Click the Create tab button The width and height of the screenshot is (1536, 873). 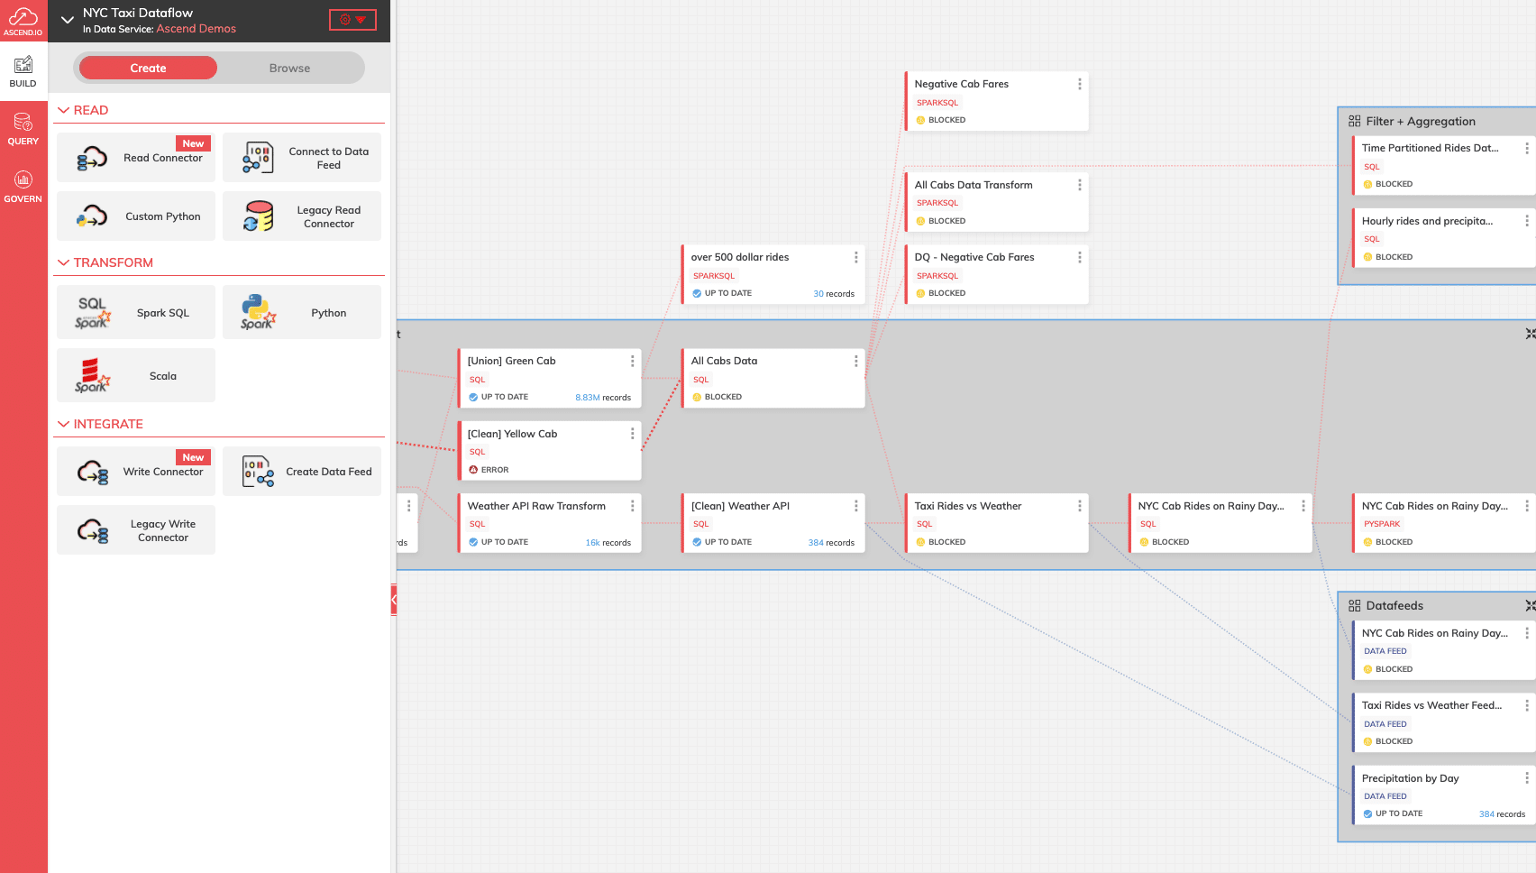tap(148, 68)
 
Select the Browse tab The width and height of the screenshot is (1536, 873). tap(289, 68)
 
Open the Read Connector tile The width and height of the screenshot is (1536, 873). tap(136, 157)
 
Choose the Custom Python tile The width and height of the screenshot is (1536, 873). tap(136, 216)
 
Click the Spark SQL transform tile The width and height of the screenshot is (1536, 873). tap(136, 312)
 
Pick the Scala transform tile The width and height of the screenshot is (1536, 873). tap(136, 375)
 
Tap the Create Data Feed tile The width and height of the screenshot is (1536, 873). tap(302, 472)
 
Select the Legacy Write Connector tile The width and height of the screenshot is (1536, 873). tap(136, 530)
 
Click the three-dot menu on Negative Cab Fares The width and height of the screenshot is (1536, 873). tap(1079, 84)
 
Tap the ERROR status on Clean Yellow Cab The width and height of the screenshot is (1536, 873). tap(489, 470)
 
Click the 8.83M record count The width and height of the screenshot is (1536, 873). tap(587, 398)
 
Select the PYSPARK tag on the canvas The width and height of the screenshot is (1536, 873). tap(1382, 524)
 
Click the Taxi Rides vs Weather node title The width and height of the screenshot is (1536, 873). tap(967, 506)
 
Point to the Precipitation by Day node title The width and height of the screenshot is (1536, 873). tap(1410, 778)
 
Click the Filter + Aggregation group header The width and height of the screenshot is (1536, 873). tap(1420, 122)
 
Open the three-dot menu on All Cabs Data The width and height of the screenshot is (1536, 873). tap(855, 361)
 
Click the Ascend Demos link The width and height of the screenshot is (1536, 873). tap(197, 29)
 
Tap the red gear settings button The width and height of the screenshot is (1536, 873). tap(352, 19)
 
